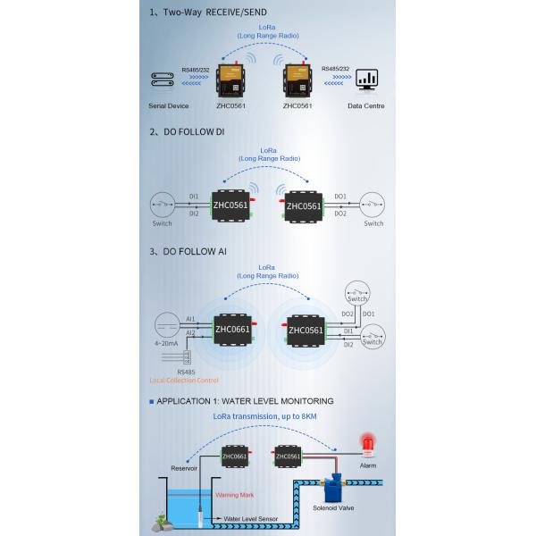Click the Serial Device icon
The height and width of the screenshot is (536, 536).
pyautogui.click(x=163, y=80)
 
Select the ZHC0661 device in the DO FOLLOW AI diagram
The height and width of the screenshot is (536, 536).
pyautogui.click(x=232, y=329)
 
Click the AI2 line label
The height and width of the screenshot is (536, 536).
pyautogui.click(x=190, y=333)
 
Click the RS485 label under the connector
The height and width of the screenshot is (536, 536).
pyautogui.click(x=186, y=373)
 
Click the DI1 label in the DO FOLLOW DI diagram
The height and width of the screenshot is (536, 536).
pyautogui.click(x=194, y=196)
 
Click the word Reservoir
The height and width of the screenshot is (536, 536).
pyautogui.click(x=184, y=468)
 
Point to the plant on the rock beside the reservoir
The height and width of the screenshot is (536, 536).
pyautogui.click(x=161, y=517)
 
